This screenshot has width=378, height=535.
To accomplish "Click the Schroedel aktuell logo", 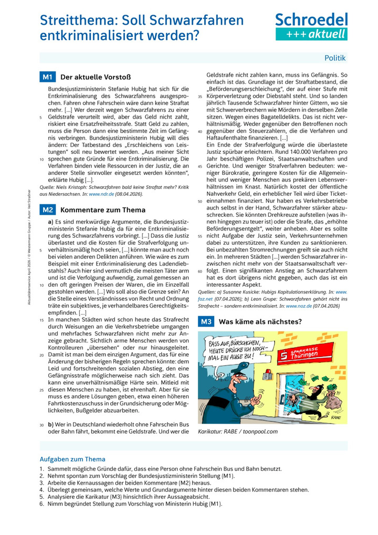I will coord(311,27).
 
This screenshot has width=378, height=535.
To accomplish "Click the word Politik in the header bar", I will coord(335,58).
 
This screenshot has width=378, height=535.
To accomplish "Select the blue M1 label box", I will coord(47,77).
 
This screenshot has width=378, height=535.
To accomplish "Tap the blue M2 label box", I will coord(47,210).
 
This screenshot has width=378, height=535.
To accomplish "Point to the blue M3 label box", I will coord(206,321).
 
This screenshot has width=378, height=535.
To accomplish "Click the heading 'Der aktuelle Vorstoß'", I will coord(88,77).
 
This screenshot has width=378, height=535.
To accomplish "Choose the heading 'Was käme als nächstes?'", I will coord(260,321).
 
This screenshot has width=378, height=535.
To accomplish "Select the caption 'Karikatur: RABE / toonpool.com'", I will coord(237,432).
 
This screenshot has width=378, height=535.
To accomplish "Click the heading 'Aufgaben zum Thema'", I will coord(72,459).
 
